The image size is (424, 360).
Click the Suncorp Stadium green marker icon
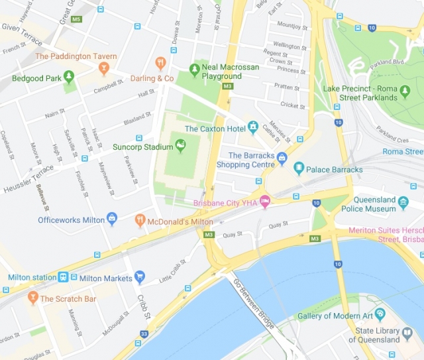pos(178,144)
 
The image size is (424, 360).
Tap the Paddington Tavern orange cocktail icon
pos(103,68)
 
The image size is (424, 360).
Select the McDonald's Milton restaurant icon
pos(140,219)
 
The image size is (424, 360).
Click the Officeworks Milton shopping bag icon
pos(111,218)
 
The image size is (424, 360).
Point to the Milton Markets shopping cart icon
pos(139,276)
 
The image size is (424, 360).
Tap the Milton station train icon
pos(64,277)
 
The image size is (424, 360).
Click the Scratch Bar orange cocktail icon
pos(32,298)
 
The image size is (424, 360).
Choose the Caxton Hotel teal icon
pos(252,127)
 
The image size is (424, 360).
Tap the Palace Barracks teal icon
pos(299,168)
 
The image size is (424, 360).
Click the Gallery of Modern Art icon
pos(379,314)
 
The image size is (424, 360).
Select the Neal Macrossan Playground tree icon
pos(194,68)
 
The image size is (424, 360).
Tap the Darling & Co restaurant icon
pos(160,63)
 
